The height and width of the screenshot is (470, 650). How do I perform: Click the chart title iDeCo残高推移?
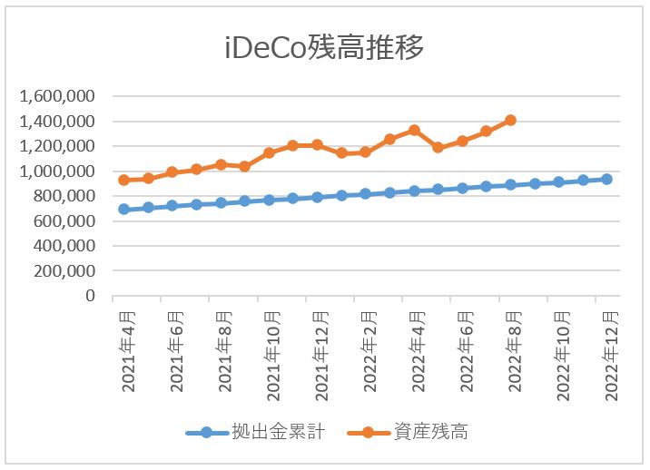324,48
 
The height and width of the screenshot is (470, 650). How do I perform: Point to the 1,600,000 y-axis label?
57,96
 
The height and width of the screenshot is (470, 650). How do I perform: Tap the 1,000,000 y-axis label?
57,171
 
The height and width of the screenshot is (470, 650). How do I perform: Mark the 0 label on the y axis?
89,296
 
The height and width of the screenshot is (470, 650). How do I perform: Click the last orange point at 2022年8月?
510,120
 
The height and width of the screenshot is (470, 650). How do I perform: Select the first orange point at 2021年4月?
123,180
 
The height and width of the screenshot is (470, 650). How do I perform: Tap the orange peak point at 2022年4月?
414,130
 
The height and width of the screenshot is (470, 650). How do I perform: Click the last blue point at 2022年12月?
607,179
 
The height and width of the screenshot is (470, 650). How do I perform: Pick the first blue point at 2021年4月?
123,209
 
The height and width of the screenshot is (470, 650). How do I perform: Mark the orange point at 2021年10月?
269,152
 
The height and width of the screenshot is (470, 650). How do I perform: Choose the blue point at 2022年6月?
462,188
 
